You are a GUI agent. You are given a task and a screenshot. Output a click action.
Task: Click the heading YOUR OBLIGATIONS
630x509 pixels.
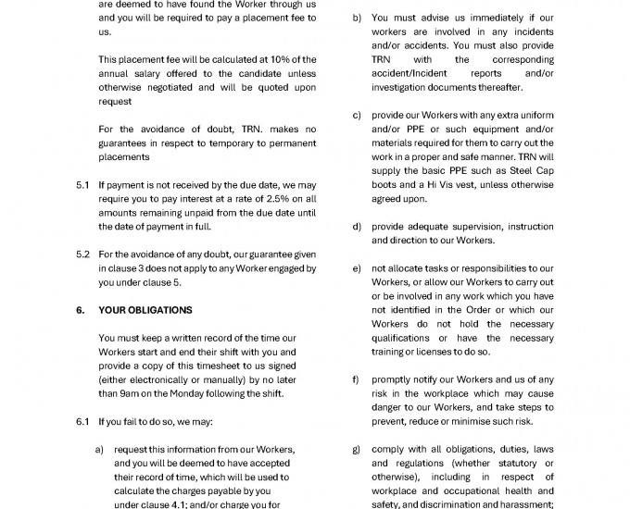145,310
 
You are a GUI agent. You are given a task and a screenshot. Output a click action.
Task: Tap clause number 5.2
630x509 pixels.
82,254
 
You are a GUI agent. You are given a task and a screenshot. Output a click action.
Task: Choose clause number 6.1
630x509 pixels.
82,422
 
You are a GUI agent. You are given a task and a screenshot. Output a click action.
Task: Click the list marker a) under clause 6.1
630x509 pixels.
101,450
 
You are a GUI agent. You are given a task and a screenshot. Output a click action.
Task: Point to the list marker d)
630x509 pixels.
357,227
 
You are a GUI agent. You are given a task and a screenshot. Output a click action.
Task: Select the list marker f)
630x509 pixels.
357,380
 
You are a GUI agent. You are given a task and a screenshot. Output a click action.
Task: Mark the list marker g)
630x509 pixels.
357,450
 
